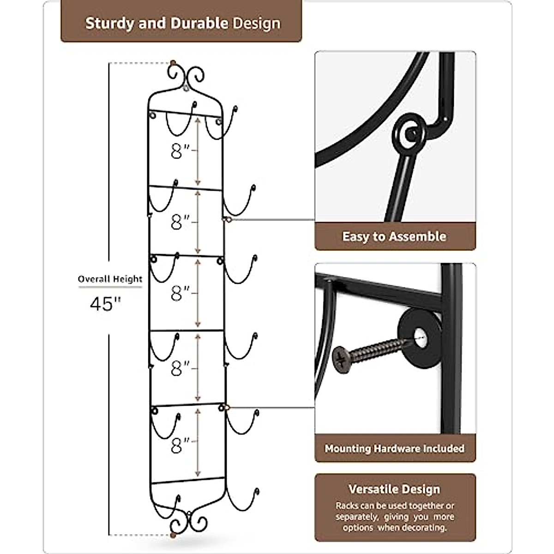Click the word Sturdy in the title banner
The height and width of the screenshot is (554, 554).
point(110,24)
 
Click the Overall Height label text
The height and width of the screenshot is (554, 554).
point(110,279)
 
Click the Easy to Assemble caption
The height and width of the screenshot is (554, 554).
point(394,237)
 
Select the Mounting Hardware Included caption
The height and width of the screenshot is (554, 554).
point(394,448)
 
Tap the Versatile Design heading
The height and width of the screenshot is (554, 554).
point(394,489)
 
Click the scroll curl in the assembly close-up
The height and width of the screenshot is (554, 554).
point(409,132)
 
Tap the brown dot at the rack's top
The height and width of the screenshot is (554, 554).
point(173,63)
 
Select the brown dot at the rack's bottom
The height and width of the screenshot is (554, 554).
point(173,535)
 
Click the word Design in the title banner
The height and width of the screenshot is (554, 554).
point(256,24)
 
